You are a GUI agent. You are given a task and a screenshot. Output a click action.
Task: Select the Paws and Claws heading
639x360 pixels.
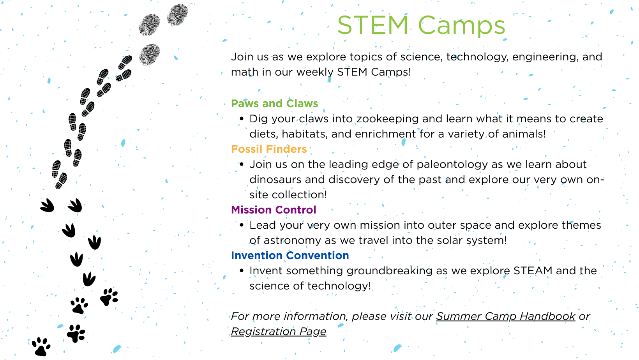(x=274, y=103)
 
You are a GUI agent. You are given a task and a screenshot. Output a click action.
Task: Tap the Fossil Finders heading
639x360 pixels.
(x=269, y=149)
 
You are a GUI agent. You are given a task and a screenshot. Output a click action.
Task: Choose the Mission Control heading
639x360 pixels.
(x=274, y=210)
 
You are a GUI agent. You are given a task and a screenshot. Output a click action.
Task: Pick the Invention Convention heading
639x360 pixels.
(x=290, y=255)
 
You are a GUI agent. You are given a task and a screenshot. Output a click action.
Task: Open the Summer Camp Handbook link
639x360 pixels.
(x=506, y=316)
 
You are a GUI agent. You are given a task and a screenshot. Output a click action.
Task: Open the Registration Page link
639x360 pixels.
(x=279, y=332)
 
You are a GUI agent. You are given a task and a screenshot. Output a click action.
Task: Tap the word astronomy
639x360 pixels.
(x=292, y=240)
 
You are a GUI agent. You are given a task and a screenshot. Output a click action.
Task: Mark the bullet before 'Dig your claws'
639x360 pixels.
(x=242, y=119)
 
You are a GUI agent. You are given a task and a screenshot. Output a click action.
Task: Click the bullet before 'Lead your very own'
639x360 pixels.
(x=242, y=225)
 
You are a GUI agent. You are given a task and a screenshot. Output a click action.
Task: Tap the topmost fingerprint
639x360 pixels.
(x=177, y=15)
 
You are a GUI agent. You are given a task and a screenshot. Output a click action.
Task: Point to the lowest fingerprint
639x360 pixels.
(x=149, y=55)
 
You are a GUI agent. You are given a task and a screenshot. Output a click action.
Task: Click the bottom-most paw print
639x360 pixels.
(x=41, y=347)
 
